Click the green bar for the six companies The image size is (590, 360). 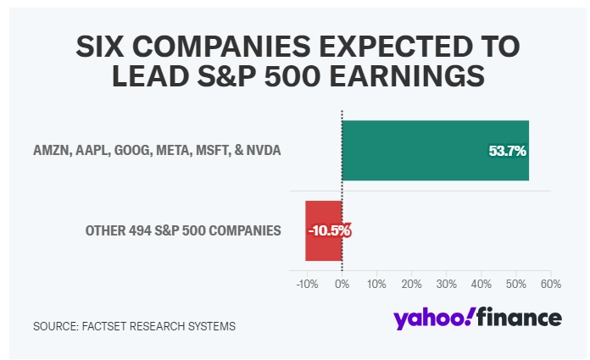(x=435, y=151)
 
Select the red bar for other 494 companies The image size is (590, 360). (x=323, y=230)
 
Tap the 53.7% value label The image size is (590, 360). (x=508, y=152)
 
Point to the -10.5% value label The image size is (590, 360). (x=329, y=230)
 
